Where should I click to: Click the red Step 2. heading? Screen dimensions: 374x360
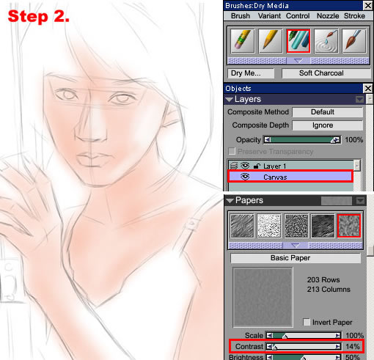click(x=39, y=17)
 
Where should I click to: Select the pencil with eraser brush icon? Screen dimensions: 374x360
click(x=243, y=41)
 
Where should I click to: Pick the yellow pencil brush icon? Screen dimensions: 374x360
click(x=271, y=41)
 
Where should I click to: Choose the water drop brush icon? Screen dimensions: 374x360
click(x=326, y=41)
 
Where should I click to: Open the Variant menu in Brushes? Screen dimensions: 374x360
click(x=269, y=16)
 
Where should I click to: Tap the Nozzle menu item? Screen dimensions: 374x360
click(x=328, y=16)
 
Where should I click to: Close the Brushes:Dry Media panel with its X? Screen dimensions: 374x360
click(x=367, y=5)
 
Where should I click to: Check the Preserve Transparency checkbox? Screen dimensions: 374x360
click(x=232, y=151)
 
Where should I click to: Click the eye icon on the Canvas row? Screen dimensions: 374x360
click(x=245, y=177)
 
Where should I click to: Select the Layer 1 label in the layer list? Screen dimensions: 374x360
click(x=274, y=166)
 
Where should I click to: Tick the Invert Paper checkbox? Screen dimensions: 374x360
click(x=307, y=322)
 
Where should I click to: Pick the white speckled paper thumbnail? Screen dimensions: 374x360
click(x=269, y=226)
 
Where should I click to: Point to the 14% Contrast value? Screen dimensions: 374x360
click(x=353, y=346)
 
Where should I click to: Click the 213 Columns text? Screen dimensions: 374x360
click(x=329, y=290)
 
